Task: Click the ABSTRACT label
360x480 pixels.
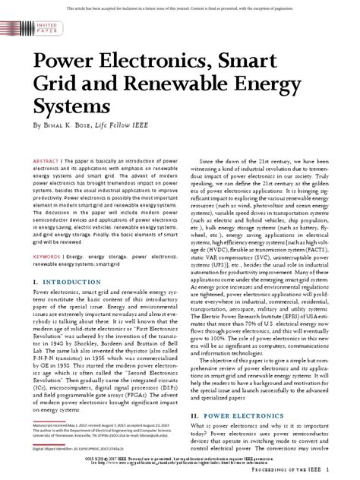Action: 47,162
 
